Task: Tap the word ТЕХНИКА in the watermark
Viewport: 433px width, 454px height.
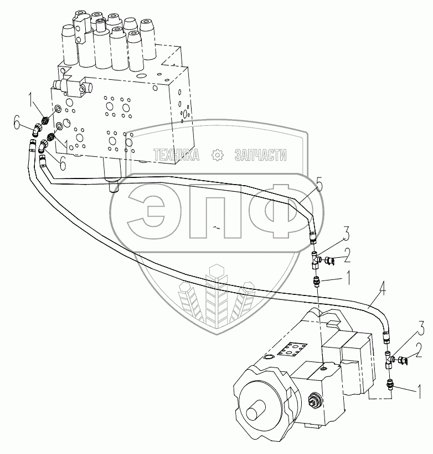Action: (x=176, y=155)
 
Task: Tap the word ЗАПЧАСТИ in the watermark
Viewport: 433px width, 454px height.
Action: (x=261, y=155)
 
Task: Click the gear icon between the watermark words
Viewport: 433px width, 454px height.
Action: (x=217, y=155)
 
